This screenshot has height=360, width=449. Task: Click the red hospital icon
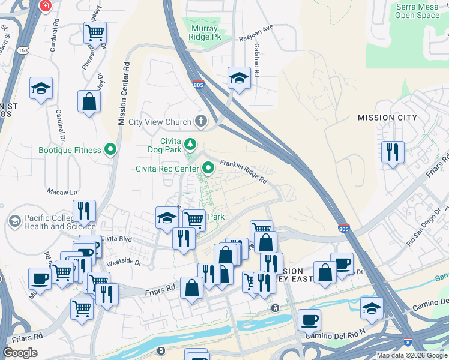point(45,6)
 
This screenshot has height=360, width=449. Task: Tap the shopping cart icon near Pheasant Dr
point(95,32)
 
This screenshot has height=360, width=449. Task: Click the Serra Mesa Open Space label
point(418,11)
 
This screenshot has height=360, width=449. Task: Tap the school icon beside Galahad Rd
point(239,78)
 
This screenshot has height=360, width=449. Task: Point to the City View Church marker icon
point(200,122)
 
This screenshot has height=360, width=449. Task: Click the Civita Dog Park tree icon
point(190,143)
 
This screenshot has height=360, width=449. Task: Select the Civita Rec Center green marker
point(208,168)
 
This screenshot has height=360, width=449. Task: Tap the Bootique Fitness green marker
point(110,149)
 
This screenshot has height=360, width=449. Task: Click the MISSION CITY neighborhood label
point(387,118)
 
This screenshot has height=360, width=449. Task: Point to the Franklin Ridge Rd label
point(243,171)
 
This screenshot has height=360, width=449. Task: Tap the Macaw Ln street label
point(63,192)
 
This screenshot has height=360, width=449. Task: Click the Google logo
point(20,353)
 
